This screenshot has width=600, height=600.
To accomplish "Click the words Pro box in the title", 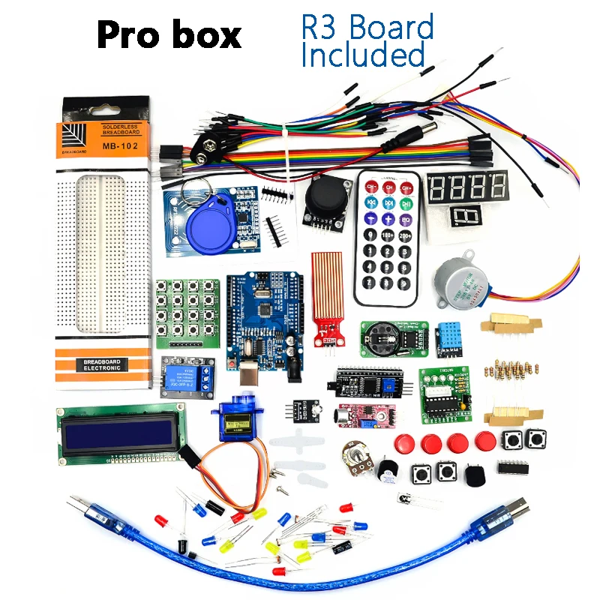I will tap(169, 34).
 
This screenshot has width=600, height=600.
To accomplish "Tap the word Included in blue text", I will tap(363, 55).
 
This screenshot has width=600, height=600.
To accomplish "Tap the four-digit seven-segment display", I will tap(466, 185).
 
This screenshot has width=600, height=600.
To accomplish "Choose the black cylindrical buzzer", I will tap(388, 469).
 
